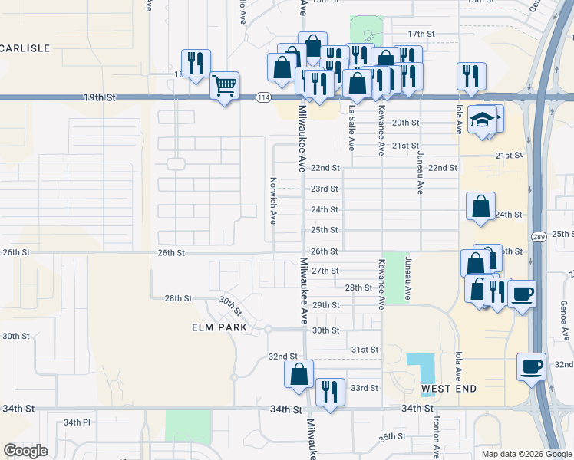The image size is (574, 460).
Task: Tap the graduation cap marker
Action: click(482, 120)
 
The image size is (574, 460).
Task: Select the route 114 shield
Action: click(264, 97)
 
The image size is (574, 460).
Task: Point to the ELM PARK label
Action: click(220, 327)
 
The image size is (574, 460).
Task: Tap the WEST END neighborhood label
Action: click(449, 389)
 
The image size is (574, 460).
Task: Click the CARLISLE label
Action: click(25, 48)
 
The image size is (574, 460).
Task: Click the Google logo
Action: click(25, 451)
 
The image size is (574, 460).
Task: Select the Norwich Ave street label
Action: click(272, 200)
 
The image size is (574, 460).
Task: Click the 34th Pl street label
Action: click(77, 422)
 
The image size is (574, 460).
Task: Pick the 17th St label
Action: click(421, 34)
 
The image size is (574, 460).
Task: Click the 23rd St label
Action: click(324, 189)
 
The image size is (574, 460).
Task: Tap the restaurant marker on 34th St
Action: click(329, 393)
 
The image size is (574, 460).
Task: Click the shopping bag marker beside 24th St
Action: click(480, 206)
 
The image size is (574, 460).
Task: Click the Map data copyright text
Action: click(526, 454)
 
